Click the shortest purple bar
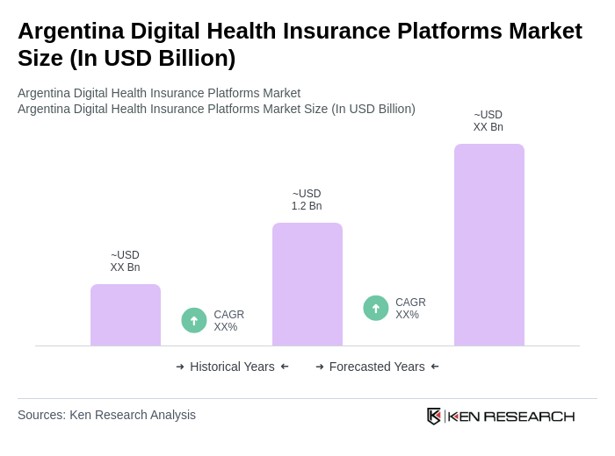click(x=126, y=315)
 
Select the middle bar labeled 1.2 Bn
click(x=307, y=284)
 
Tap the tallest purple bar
click(x=488, y=245)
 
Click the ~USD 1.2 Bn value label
click(x=307, y=200)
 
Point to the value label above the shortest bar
click(x=125, y=261)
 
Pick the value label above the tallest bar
click(x=488, y=121)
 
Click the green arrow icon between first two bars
click(x=194, y=320)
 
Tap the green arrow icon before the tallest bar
click(x=376, y=308)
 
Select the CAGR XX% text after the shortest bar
click(x=228, y=321)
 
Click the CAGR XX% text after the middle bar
click(x=410, y=309)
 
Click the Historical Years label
click(x=232, y=367)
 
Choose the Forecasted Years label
click(x=377, y=367)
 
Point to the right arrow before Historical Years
click(x=180, y=367)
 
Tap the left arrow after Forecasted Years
click(x=435, y=367)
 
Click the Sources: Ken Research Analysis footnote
click(x=106, y=415)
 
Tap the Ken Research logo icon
click(x=434, y=416)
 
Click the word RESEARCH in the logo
click(x=529, y=416)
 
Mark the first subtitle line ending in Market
click(x=159, y=93)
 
